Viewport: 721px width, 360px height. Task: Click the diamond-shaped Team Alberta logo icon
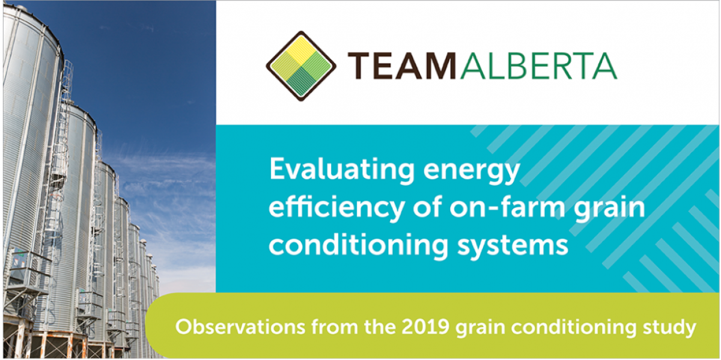point(301,66)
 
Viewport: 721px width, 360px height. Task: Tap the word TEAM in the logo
point(402,66)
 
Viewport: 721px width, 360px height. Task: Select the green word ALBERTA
point(539,66)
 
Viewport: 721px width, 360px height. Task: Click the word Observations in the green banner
point(240,327)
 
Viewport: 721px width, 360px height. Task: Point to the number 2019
point(425,327)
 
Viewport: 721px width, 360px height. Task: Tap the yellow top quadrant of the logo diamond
point(301,50)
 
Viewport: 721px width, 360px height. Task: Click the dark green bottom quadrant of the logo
point(301,82)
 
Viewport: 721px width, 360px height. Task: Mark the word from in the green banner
point(334,327)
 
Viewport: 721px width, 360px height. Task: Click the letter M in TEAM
point(439,66)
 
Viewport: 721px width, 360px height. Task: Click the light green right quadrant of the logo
point(317,66)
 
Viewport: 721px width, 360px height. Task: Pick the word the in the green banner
point(380,327)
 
